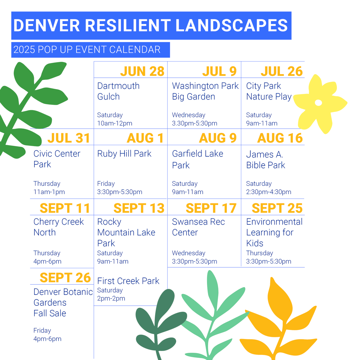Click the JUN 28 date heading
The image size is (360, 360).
tap(142, 71)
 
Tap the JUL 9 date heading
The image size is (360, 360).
tap(219, 71)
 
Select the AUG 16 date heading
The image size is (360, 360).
tap(280, 138)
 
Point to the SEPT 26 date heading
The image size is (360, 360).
tap(65, 277)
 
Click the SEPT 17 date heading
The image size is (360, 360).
tap(211, 208)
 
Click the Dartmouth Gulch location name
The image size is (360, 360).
tap(118, 91)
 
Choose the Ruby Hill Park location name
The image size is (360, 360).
tap(124, 154)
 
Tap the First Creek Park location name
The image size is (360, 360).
tap(128, 281)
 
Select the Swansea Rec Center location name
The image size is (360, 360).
tap(198, 227)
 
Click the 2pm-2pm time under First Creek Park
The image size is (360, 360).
tap(111, 298)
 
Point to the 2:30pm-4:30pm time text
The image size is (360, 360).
tap(268, 192)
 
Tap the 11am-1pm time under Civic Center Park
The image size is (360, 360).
tap(49, 192)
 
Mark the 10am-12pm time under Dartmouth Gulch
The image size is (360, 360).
tap(115, 123)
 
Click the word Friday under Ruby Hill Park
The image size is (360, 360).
tap(106, 184)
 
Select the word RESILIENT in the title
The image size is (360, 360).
tap(128, 25)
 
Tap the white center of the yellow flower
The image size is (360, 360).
tap(318, 103)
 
